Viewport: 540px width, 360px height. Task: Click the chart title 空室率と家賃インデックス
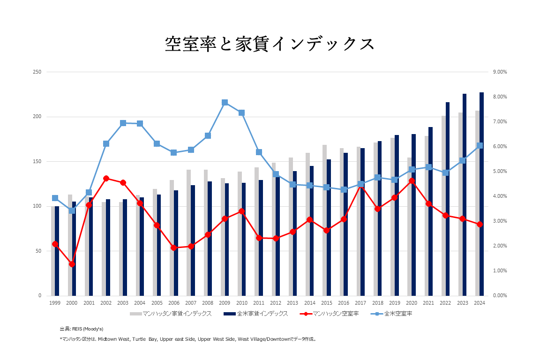(270, 44)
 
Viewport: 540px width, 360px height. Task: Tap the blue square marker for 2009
(225, 102)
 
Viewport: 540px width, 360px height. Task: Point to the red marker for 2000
(72, 264)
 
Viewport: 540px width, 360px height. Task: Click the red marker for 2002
(106, 179)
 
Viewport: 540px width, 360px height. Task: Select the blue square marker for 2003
(123, 123)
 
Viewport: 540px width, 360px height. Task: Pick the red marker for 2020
(412, 181)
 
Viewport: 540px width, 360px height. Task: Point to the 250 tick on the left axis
(37, 72)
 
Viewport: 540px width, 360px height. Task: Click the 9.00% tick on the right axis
(500, 72)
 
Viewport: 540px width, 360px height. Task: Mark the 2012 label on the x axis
(276, 303)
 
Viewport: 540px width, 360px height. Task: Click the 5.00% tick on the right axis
(500, 172)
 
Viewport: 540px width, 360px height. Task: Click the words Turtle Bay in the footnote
(145, 338)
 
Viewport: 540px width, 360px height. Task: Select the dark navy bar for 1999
(57, 251)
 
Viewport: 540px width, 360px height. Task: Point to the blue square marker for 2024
(480, 146)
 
